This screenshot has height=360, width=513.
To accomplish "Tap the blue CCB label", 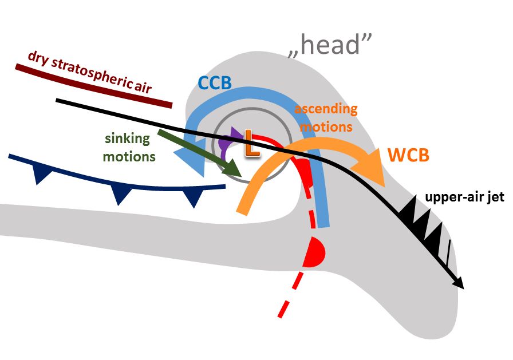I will [x=215, y=82].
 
